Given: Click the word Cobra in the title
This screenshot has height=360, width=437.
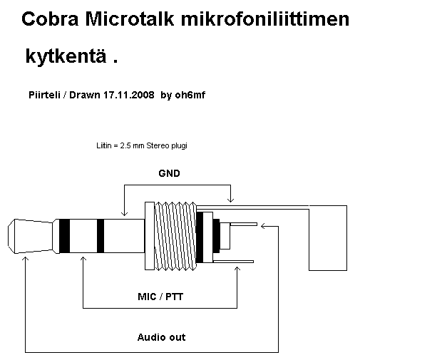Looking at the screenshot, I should [x=48, y=20].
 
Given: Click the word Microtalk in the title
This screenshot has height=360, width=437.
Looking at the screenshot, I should [x=128, y=20].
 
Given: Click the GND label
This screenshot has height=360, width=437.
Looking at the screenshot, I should [x=169, y=173].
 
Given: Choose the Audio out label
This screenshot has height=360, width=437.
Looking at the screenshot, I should [x=161, y=336].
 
